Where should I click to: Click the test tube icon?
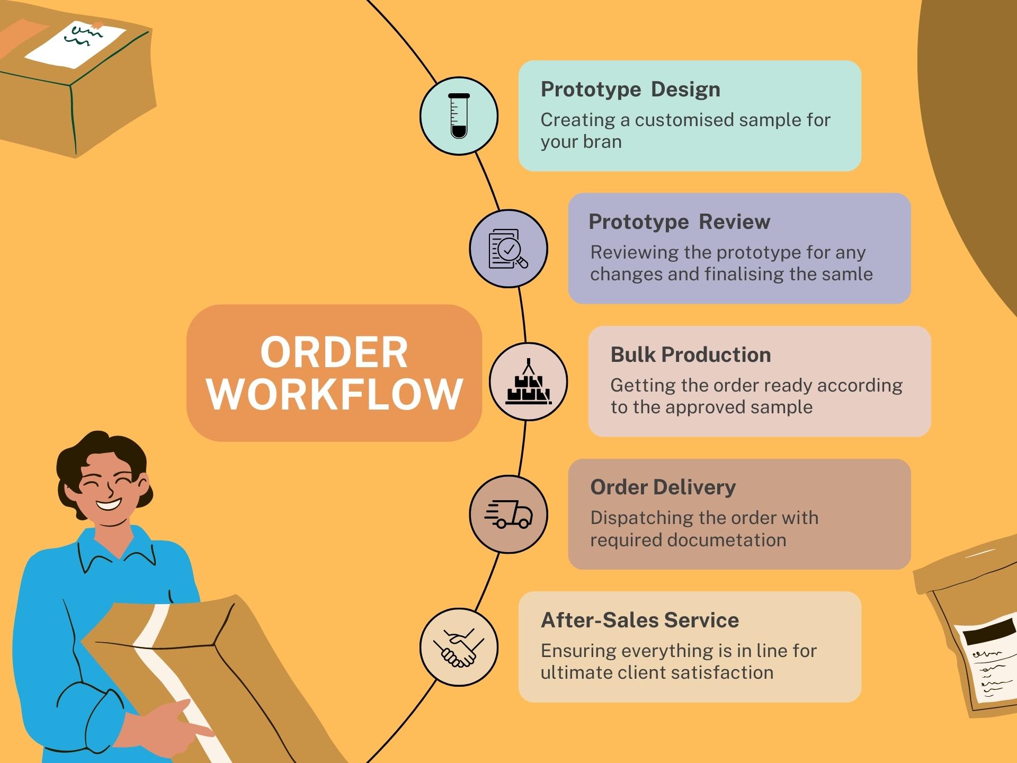[459, 116]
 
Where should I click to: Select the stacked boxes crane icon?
[528, 382]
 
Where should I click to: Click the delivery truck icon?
[508, 514]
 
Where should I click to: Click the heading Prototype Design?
[630, 89]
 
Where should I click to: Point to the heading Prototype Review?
[679, 221]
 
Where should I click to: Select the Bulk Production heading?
[690, 354]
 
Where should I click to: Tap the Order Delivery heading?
[663, 487]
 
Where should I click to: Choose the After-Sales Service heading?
[639, 620]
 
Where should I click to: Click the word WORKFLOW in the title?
[335, 394]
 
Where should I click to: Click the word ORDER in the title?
[334, 352]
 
